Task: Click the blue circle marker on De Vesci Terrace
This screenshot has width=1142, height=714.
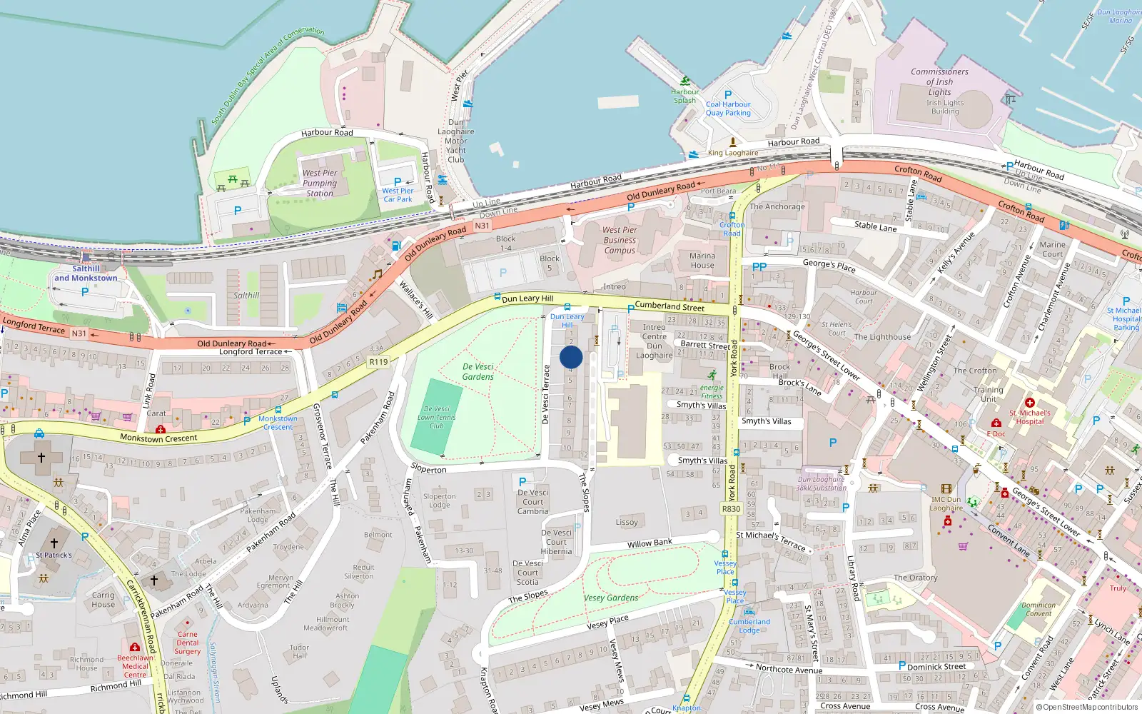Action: (571, 358)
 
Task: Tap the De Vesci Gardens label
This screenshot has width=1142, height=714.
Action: (477, 372)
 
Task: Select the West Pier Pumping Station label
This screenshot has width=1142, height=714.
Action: (320, 183)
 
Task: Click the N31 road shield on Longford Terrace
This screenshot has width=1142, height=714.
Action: (79, 333)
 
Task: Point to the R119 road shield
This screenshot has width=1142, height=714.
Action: (378, 362)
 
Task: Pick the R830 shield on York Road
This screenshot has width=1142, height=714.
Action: (731, 509)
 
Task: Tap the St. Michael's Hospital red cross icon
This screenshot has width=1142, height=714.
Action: (1029, 403)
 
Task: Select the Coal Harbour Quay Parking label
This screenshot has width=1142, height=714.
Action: (728, 109)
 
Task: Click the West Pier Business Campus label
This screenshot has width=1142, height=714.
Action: (620, 240)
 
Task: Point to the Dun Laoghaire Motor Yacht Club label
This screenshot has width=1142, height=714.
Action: (455, 141)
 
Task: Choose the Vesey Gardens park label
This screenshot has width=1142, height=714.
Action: (611, 598)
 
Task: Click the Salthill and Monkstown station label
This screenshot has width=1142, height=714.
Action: (86, 273)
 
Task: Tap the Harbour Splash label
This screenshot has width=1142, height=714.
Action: (684, 96)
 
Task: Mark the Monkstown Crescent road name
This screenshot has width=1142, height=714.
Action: (158, 438)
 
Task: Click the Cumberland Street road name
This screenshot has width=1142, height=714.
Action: (669, 306)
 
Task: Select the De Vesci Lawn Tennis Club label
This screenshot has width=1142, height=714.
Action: (436, 417)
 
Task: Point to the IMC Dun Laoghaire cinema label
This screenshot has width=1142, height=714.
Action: (946, 504)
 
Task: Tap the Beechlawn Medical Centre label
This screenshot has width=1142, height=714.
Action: (135, 666)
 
